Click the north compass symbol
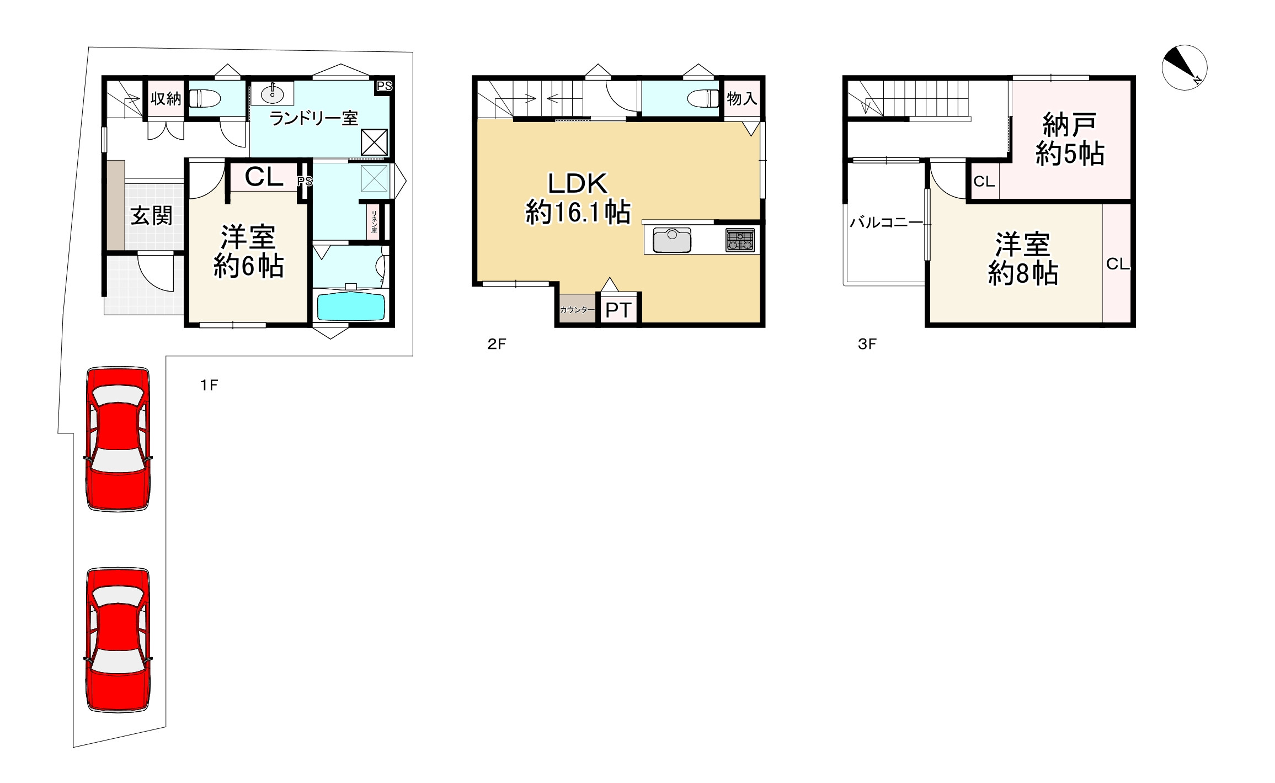coord(1184,68)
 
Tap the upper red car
coord(118,439)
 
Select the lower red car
coord(118,640)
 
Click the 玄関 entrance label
coord(151,215)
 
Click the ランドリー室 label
coord(313,118)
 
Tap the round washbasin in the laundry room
coord(273,94)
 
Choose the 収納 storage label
coord(166,99)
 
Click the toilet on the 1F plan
coord(205,99)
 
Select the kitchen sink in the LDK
coord(672,240)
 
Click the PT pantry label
coord(618,310)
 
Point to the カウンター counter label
coord(577,310)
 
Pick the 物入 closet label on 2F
coord(741,99)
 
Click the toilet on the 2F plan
coord(705,99)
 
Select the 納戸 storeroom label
coord(1069,125)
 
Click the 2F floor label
coord(497,345)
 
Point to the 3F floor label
coord(867,345)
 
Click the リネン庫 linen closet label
coord(374,221)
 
